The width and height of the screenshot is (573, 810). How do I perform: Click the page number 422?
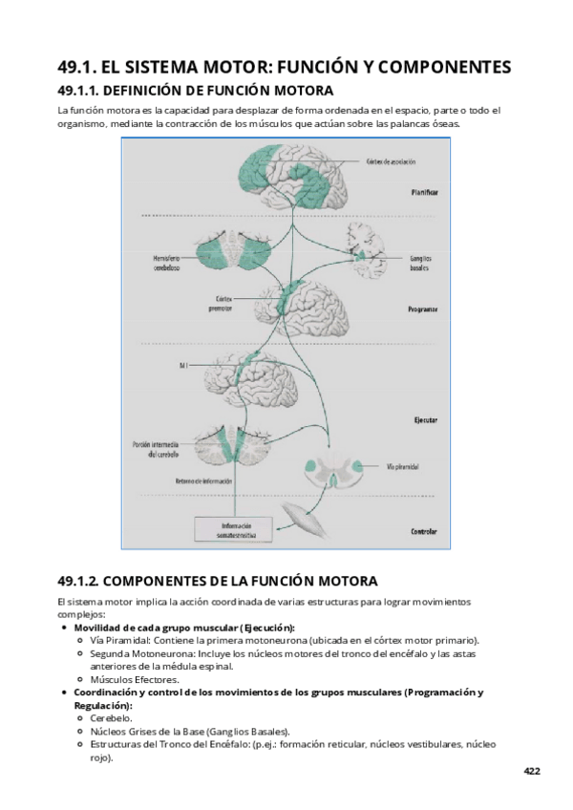[530, 770]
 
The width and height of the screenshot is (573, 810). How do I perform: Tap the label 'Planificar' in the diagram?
[419, 192]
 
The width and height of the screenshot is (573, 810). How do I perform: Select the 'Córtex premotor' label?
[221, 303]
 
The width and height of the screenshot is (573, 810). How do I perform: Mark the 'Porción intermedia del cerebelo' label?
[157, 450]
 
